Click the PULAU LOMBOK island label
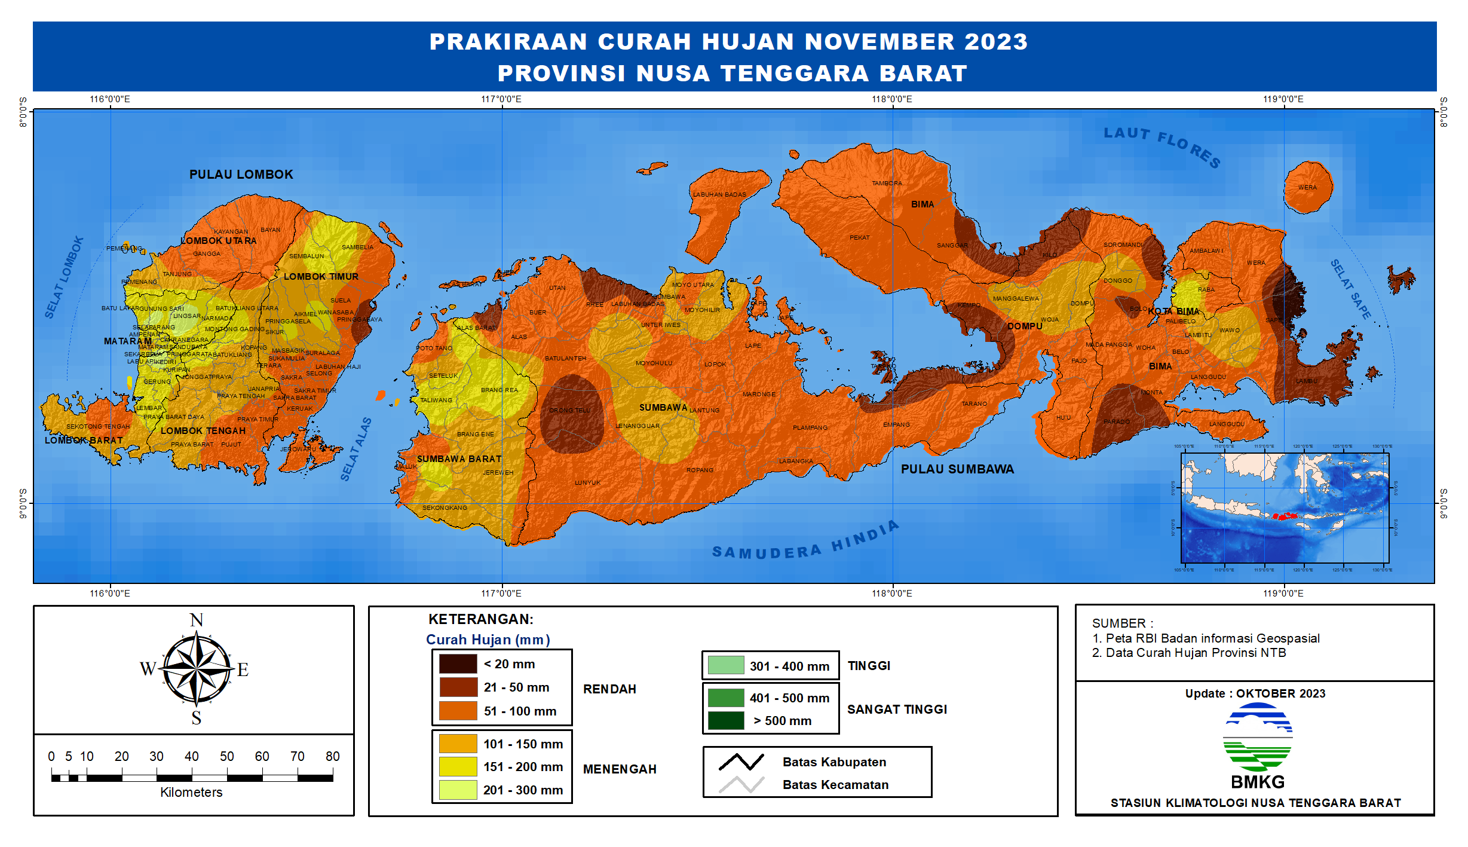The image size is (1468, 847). (x=241, y=175)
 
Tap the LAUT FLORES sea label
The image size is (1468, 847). (x=1162, y=145)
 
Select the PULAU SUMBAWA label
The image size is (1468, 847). (x=957, y=469)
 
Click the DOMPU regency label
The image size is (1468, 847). (x=1025, y=326)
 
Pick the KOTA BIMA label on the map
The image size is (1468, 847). (x=1173, y=311)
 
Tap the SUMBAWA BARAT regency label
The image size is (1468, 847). (x=459, y=459)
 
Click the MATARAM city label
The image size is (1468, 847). (x=128, y=341)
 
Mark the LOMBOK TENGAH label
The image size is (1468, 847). (x=203, y=431)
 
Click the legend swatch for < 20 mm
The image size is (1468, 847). (x=458, y=663)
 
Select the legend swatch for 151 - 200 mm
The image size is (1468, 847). (x=458, y=766)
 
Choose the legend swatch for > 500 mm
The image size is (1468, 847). (x=726, y=720)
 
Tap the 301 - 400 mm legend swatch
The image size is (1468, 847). (x=726, y=665)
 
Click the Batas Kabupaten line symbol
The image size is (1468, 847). (x=741, y=762)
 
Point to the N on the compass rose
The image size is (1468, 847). (x=196, y=620)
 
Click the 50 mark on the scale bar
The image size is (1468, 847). (x=227, y=757)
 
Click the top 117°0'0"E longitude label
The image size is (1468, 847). (x=501, y=99)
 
